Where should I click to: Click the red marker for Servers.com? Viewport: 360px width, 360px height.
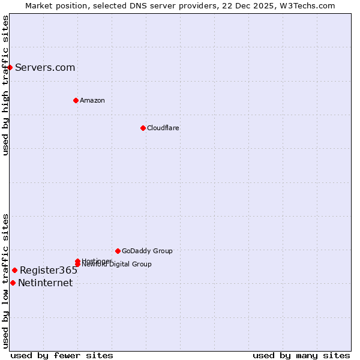(x=10, y=67)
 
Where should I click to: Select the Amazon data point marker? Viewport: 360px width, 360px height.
(x=76, y=100)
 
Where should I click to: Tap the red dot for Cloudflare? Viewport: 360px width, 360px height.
(x=143, y=128)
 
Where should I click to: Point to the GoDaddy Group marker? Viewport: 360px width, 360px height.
(x=118, y=251)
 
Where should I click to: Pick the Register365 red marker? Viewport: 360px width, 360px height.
(x=14, y=270)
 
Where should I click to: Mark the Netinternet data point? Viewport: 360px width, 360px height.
(x=13, y=283)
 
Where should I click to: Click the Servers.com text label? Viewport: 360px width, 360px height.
(x=45, y=67)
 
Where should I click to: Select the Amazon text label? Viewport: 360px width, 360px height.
(x=92, y=100)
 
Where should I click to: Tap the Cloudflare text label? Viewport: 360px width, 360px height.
(x=163, y=128)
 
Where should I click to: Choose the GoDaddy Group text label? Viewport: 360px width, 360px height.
(x=147, y=251)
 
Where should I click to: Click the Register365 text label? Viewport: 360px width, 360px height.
(x=49, y=270)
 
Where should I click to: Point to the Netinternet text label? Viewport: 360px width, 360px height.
(x=45, y=283)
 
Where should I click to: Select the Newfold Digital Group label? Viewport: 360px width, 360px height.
(x=118, y=265)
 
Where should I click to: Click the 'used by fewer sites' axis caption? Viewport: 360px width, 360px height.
(x=62, y=355)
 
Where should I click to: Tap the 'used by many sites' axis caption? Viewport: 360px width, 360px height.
(x=301, y=355)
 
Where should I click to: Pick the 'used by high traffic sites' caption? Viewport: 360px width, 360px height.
(x=6, y=85)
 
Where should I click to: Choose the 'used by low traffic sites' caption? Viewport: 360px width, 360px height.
(x=6, y=281)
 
